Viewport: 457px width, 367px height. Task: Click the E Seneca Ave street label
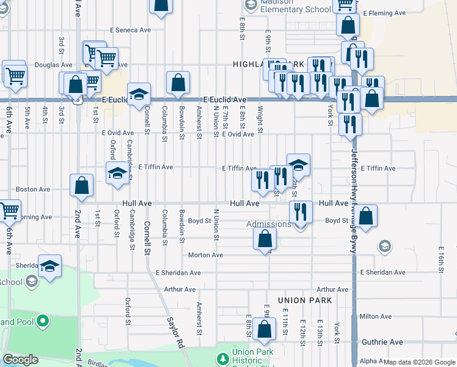point(130,29)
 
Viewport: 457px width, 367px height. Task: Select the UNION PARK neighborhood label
point(305,300)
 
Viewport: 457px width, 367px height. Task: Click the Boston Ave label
point(33,190)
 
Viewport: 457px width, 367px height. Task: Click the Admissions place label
point(269,224)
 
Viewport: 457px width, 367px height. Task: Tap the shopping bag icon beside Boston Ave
point(81,185)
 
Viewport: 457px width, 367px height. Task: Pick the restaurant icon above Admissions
point(300,212)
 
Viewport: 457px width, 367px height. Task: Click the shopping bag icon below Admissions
point(265,238)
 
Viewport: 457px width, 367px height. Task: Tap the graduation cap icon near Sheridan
point(50,266)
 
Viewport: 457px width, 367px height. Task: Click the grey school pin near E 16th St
point(384,247)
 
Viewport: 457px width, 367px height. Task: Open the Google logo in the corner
point(20,360)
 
